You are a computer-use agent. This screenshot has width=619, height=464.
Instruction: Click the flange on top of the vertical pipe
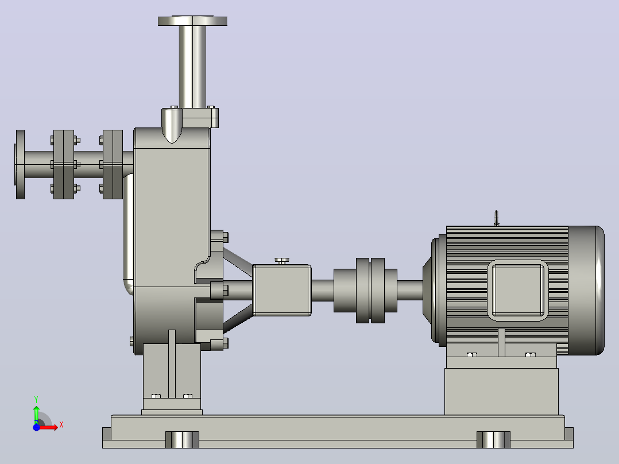click(193, 21)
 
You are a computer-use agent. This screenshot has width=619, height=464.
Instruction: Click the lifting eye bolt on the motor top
click(497, 218)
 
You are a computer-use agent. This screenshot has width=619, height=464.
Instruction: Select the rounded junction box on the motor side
click(518, 290)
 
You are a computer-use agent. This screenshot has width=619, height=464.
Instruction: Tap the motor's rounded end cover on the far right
click(586, 290)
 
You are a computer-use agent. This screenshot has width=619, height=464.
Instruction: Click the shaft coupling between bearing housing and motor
click(366, 290)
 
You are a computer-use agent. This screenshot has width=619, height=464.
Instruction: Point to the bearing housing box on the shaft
click(282, 290)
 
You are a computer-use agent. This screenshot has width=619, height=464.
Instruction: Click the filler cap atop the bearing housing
click(282, 261)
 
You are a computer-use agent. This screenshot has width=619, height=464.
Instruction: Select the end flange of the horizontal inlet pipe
click(20, 164)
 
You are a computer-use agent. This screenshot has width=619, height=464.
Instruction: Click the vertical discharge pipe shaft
click(193, 67)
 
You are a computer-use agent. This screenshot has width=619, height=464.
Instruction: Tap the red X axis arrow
click(49, 427)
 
